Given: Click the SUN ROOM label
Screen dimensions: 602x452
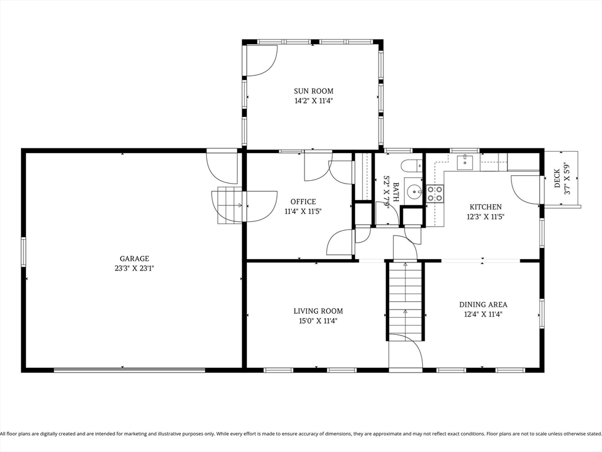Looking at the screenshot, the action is [314, 91].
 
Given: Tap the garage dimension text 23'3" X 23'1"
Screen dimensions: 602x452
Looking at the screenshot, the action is [134, 268].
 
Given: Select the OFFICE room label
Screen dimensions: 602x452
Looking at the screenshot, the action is [303, 201].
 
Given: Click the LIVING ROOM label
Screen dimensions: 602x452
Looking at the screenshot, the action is [318, 311].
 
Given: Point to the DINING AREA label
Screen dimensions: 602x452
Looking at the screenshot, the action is [483, 304].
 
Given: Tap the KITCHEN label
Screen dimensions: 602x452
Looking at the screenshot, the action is [486, 207].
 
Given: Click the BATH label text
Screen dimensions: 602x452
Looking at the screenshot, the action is [396, 192].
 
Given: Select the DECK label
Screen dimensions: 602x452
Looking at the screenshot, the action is [557, 179].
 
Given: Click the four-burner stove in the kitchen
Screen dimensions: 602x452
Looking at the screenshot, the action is [434, 193].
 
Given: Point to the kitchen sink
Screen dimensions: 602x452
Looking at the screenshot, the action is [465, 162].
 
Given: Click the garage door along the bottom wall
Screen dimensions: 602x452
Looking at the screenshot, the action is [129, 370].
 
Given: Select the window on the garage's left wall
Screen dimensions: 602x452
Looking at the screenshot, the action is [24, 252].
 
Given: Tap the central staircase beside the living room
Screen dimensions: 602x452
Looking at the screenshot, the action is [406, 300].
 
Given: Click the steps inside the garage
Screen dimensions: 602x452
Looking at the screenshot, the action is [230, 205].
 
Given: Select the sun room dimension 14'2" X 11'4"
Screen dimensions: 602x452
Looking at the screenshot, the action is [314, 101].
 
